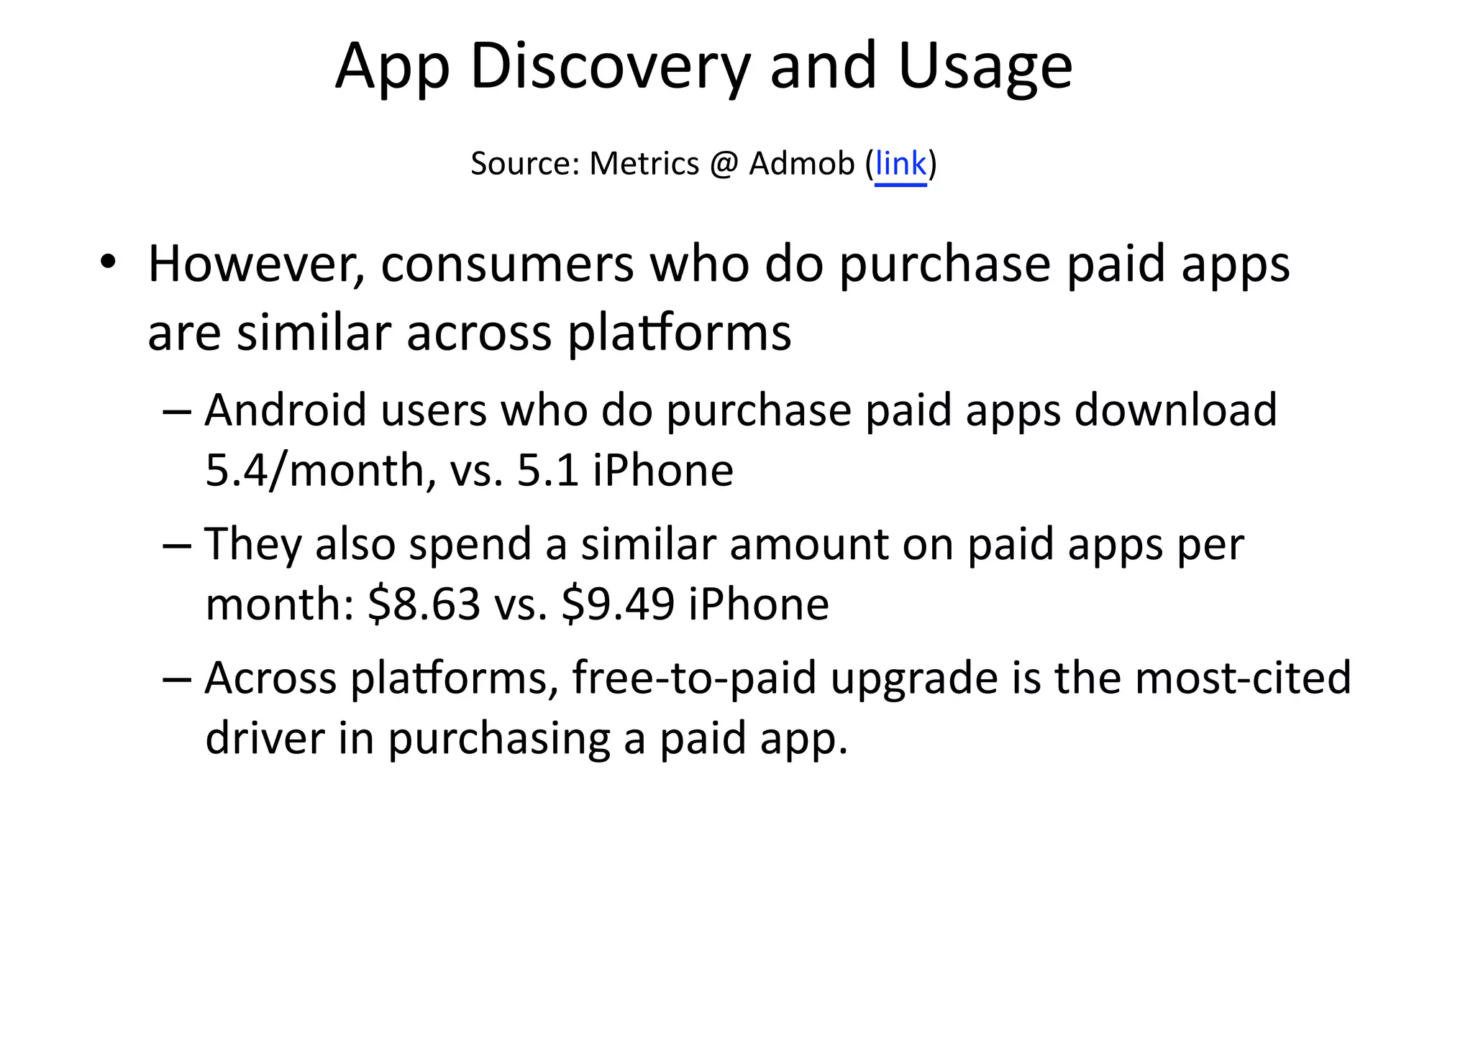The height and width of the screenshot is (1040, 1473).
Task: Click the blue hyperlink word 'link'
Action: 900,164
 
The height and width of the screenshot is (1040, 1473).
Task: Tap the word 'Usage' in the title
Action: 985,67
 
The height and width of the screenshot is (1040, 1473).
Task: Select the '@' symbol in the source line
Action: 724,165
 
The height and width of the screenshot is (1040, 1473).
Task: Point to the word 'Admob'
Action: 801,164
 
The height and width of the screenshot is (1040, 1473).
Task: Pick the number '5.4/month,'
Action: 320,471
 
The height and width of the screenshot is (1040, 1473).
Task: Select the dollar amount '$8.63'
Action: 424,604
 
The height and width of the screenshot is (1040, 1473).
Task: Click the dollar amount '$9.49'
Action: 618,604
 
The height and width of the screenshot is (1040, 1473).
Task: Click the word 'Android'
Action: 286,410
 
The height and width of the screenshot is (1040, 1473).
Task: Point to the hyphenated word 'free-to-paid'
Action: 693,678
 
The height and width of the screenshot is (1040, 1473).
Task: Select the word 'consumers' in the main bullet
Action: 507,264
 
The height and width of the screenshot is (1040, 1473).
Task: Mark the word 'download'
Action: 1175,410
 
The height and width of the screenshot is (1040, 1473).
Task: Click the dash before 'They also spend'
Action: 177,546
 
